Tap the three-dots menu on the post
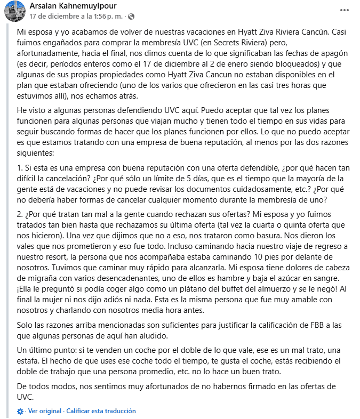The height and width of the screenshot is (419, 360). [345, 10]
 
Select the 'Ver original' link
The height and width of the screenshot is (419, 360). [45, 411]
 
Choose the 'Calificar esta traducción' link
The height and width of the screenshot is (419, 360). [101, 411]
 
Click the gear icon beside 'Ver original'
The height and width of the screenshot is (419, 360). [20, 412]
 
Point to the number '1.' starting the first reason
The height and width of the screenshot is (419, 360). [20, 168]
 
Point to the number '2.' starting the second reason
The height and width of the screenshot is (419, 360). [20, 215]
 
